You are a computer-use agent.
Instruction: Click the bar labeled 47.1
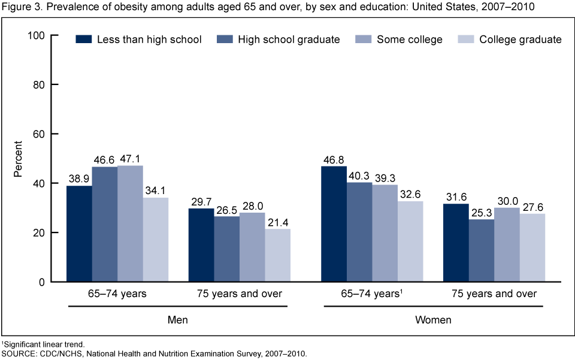130,223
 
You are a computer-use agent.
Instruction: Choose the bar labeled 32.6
410,241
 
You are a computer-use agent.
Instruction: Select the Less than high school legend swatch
83,40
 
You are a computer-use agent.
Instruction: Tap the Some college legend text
410,40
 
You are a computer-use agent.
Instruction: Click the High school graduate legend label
289,40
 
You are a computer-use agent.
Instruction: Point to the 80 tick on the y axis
41,84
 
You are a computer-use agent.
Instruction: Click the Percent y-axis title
18,158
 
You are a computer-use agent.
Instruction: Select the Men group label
178,320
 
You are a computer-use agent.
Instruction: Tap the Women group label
433,320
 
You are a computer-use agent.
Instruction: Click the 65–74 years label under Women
371,294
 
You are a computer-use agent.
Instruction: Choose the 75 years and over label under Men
240,294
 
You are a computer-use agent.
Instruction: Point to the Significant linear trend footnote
44,346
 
